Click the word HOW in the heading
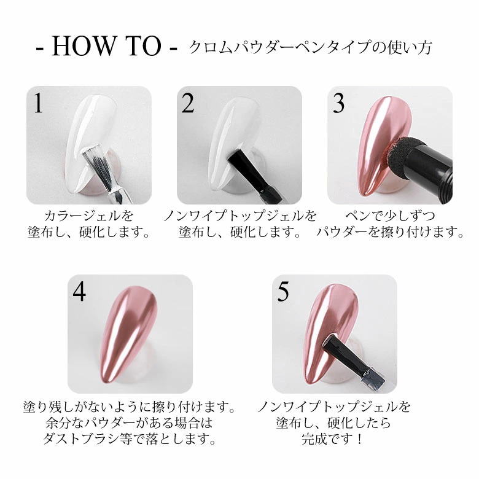coord(82,46)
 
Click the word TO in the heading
coord(143,46)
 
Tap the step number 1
coord(38,103)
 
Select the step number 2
coord(188,103)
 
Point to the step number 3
coord(338,103)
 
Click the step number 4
coord(79,292)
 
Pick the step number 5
coord(283,292)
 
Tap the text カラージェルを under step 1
coord(89,216)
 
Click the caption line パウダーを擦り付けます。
coord(390,233)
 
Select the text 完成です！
coord(332,440)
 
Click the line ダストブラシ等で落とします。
coord(130,439)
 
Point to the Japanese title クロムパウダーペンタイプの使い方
coord(310,48)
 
